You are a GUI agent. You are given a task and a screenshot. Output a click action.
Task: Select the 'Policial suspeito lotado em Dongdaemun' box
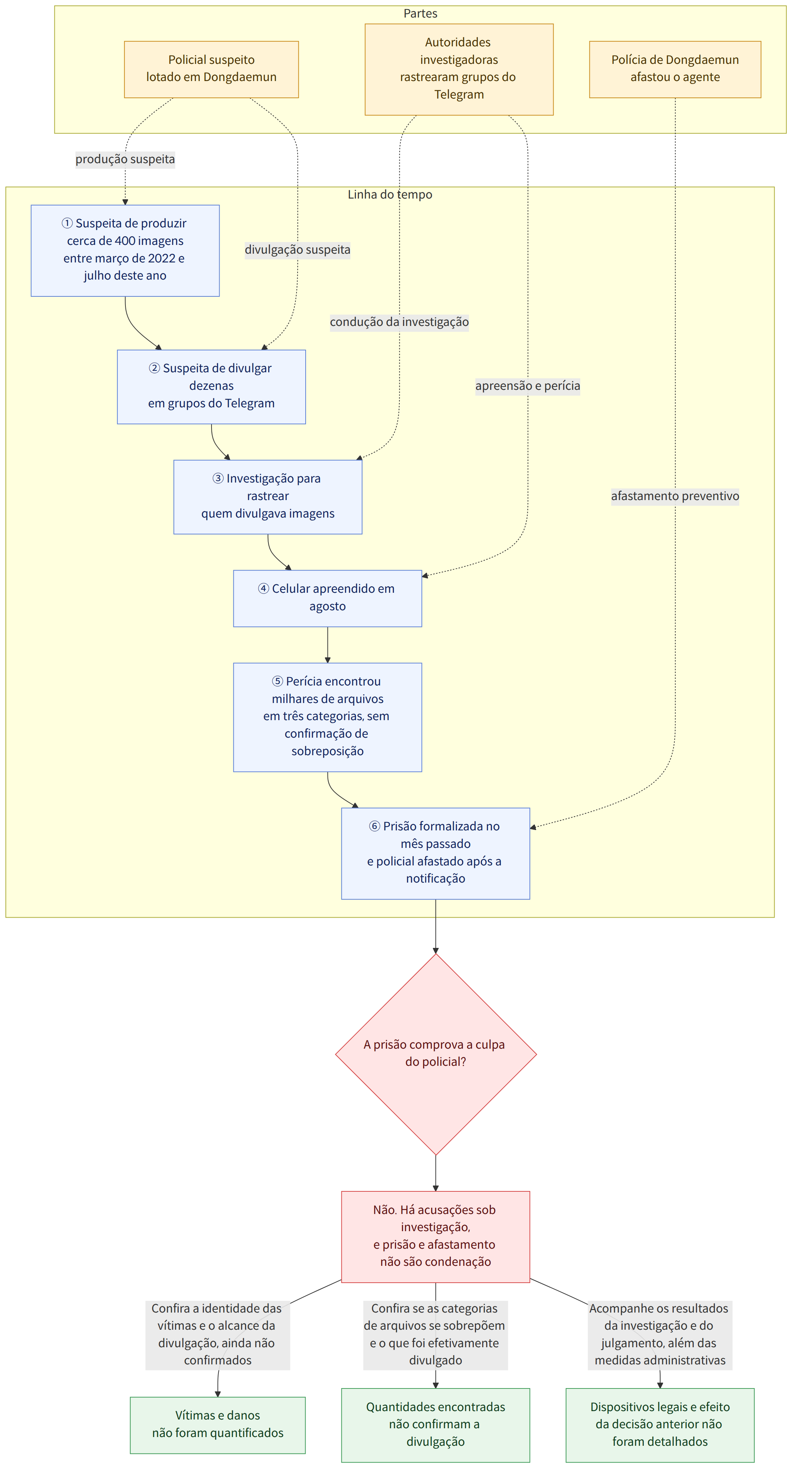pyautogui.click(x=211, y=69)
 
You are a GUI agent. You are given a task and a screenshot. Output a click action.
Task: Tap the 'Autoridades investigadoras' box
pyautogui.click(x=459, y=69)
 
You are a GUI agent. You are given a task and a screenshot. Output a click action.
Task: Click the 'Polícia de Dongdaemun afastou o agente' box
pyautogui.click(x=675, y=69)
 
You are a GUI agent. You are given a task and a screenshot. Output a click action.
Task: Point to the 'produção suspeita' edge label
pyautogui.click(x=125, y=159)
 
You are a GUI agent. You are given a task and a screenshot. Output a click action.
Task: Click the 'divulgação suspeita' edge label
pyautogui.click(x=297, y=250)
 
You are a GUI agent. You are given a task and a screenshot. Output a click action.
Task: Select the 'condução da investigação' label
pyautogui.click(x=399, y=322)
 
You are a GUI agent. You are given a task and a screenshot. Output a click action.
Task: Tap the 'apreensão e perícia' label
pyautogui.click(x=527, y=386)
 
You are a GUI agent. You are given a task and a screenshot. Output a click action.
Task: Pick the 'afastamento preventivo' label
pyautogui.click(x=675, y=496)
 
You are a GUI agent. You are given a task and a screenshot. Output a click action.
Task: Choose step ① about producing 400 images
pyautogui.click(x=125, y=250)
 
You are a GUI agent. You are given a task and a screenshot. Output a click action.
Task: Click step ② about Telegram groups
pyautogui.click(x=211, y=387)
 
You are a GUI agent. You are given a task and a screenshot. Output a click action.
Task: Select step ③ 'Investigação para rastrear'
pyautogui.click(x=268, y=497)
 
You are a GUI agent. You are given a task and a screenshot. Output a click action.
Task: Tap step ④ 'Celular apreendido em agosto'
pyautogui.click(x=328, y=598)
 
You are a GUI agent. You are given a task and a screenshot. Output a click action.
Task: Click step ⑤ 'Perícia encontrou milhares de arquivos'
pyautogui.click(x=328, y=717)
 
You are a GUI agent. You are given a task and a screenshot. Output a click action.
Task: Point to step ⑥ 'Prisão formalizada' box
pyautogui.click(x=435, y=853)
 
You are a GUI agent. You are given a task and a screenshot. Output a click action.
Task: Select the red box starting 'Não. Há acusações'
pyautogui.click(x=435, y=1236)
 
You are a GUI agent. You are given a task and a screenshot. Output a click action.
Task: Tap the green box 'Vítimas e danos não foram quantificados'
pyautogui.click(x=217, y=1425)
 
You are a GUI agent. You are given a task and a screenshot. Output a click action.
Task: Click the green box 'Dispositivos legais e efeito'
pyautogui.click(x=660, y=1425)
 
